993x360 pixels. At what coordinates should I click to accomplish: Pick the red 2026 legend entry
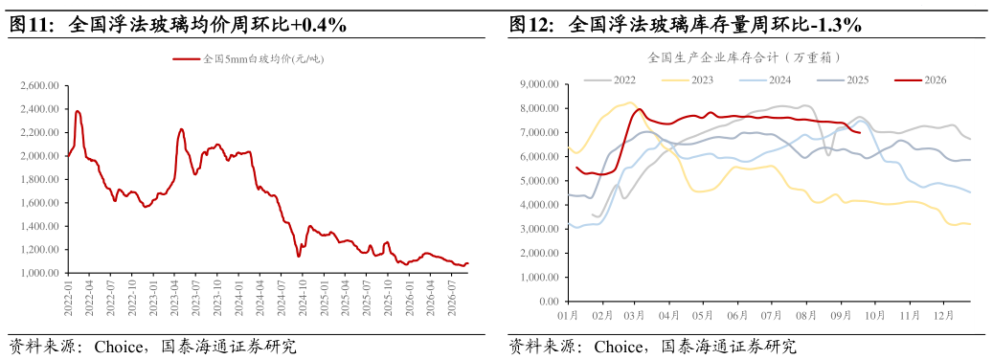click(x=920, y=79)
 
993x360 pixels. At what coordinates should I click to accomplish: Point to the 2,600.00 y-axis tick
click(x=39, y=85)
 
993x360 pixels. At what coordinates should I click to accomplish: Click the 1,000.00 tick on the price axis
click(x=39, y=273)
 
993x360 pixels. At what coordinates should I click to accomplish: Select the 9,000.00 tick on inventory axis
click(x=539, y=84)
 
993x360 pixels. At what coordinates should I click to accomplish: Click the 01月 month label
click(x=568, y=314)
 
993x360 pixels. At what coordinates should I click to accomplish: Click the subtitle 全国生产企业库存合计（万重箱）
click(x=745, y=57)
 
